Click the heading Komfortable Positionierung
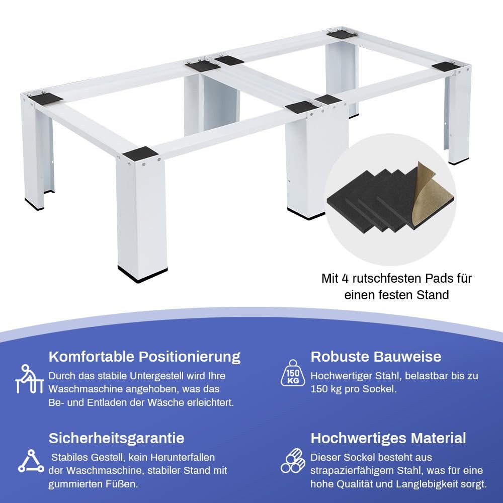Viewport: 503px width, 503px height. pos(144,357)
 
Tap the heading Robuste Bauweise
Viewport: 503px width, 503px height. pos(376,357)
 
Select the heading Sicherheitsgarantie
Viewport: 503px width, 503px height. pos(117,438)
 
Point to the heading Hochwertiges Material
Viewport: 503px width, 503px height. pos(388,438)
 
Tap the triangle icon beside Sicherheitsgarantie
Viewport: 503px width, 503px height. pos(31,461)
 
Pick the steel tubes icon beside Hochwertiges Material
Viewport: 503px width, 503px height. pos(293,461)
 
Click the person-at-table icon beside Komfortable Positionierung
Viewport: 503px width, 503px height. pos(29,379)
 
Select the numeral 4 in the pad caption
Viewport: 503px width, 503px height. pos(345,279)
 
